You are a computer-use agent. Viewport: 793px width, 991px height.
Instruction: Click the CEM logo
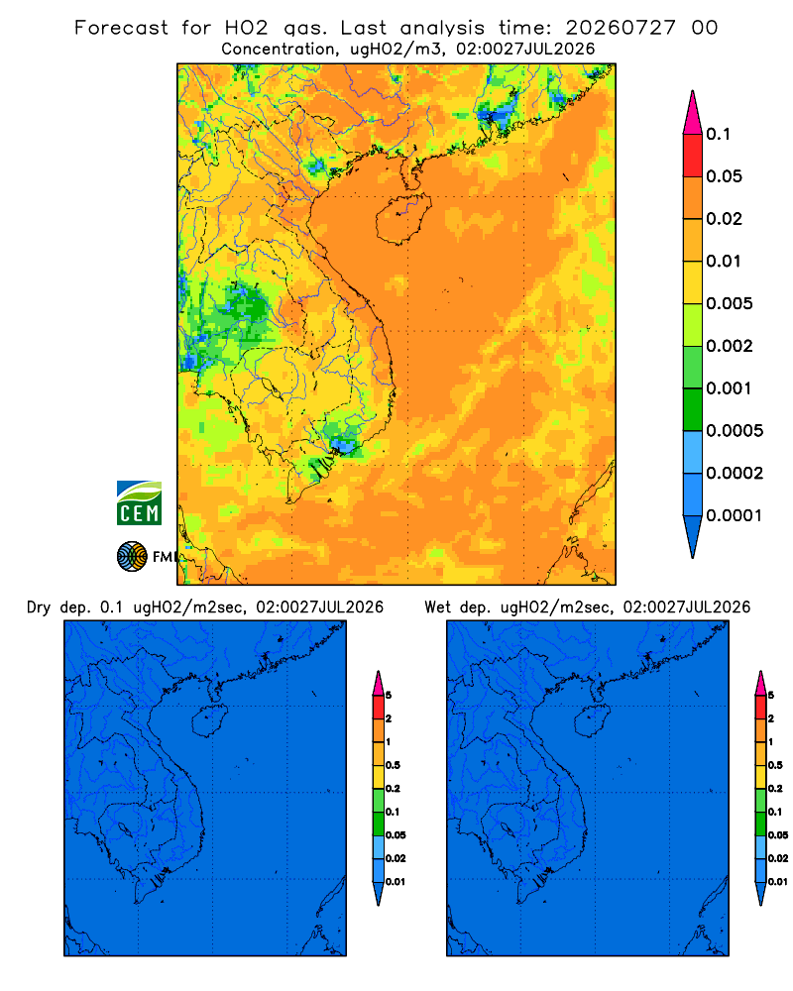(x=139, y=502)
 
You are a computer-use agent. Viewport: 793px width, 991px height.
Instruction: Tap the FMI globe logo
(x=132, y=557)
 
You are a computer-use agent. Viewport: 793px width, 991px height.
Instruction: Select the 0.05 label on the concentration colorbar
(x=724, y=176)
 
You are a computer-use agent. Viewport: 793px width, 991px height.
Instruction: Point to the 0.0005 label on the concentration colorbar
(x=735, y=431)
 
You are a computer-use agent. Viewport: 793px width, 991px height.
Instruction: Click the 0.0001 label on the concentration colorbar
(x=735, y=515)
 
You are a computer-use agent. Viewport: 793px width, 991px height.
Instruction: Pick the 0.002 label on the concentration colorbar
(x=730, y=346)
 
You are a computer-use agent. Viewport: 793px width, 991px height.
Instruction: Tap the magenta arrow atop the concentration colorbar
(x=693, y=112)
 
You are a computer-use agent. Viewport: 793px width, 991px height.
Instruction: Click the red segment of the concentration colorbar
(x=693, y=156)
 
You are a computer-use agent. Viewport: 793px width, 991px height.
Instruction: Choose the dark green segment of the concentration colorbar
(x=693, y=409)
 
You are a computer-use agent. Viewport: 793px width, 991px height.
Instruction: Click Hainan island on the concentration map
(x=403, y=219)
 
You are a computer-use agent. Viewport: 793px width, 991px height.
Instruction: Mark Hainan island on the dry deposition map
(x=210, y=721)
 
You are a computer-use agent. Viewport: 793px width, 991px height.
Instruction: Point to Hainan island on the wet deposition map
(x=593, y=721)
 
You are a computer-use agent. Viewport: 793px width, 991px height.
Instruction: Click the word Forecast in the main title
(x=121, y=28)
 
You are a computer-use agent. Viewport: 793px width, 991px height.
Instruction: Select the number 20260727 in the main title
(x=621, y=28)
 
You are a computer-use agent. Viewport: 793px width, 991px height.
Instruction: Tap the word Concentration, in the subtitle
(x=279, y=50)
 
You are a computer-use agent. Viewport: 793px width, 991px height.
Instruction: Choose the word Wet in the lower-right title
(x=437, y=607)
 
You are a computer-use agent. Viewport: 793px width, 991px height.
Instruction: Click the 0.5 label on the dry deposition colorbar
(x=393, y=765)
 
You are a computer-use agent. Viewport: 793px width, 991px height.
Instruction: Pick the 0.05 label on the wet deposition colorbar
(x=778, y=835)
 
